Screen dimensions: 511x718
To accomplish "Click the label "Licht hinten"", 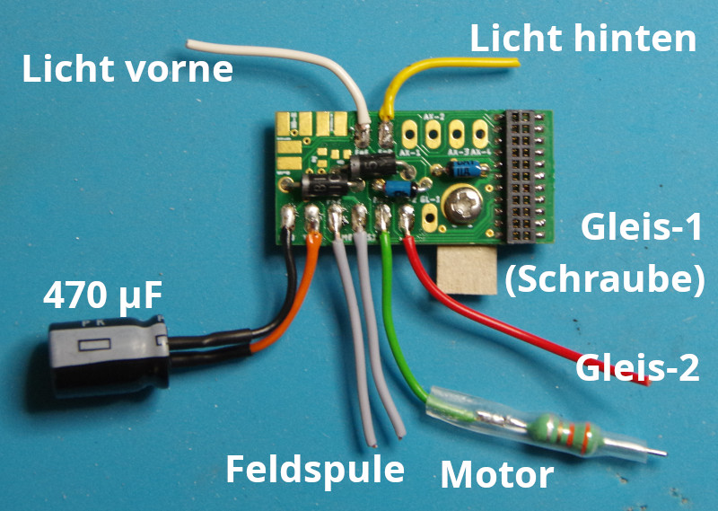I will point(583,38).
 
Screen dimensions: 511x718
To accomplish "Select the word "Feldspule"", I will point(314,468).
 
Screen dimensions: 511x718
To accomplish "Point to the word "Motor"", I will point(497,473).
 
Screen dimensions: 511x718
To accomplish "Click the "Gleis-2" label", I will point(637,367).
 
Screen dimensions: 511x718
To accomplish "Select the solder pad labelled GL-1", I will point(428,216).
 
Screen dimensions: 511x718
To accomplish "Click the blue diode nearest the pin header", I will point(463,168).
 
